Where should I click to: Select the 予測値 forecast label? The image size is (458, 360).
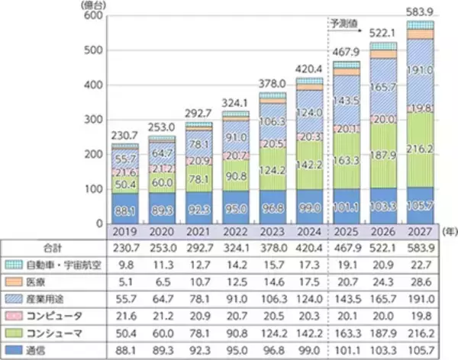click(x=344, y=24)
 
